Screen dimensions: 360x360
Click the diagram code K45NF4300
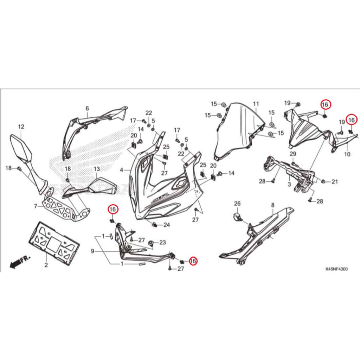(x=336, y=269)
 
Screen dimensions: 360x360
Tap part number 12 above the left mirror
(x=21, y=127)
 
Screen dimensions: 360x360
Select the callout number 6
(x=87, y=108)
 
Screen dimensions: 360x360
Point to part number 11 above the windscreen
(x=256, y=104)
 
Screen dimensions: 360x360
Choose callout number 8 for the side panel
(x=272, y=205)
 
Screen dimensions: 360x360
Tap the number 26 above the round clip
(x=237, y=204)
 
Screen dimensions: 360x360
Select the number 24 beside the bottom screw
(x=167, y=225)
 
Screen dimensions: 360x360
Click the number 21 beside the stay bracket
(x=334, y=182)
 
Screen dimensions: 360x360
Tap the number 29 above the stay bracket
(x=293, y=154)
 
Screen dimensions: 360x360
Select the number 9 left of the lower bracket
(x=92, y=251)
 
